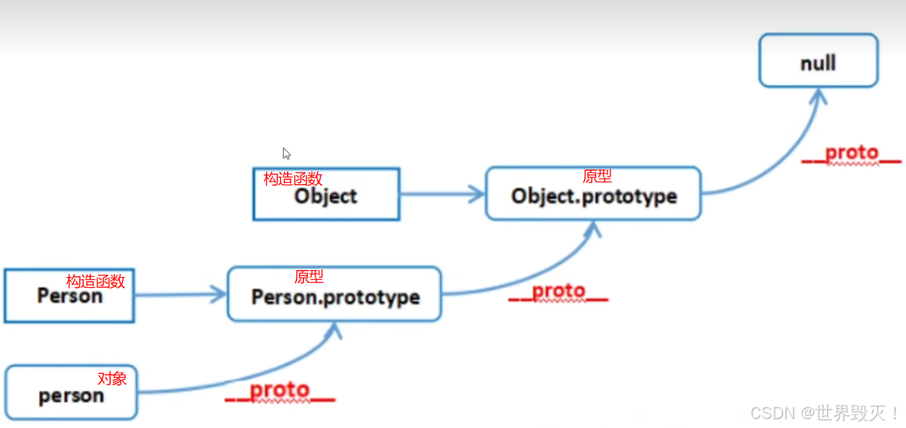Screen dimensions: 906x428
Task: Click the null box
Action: (818, 61)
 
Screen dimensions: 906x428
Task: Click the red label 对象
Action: (112, 378)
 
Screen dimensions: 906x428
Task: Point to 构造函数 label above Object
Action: (292, 179)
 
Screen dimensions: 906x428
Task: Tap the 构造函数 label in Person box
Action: (96, 281)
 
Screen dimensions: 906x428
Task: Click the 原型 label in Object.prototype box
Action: (596, 176)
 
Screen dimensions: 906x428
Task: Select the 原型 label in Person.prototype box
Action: (309, 276)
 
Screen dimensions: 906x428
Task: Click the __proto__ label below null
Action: (851, 154)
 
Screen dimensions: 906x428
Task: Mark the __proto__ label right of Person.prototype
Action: (558, 292)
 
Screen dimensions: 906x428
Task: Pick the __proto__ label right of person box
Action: (279, 391)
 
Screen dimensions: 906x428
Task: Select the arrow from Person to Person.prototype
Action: (180, 295)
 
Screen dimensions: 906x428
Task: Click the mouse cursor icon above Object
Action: (287, 154)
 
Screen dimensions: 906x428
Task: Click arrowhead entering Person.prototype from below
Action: (335, 332)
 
